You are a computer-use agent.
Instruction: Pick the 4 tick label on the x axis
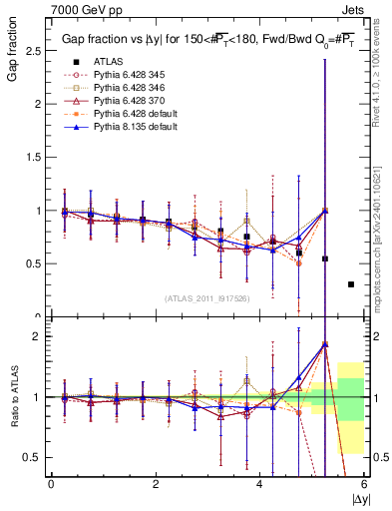coord(260,484)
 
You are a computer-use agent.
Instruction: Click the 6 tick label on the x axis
coord(364,484)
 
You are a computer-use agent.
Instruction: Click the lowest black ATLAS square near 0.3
coord(350,284)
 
